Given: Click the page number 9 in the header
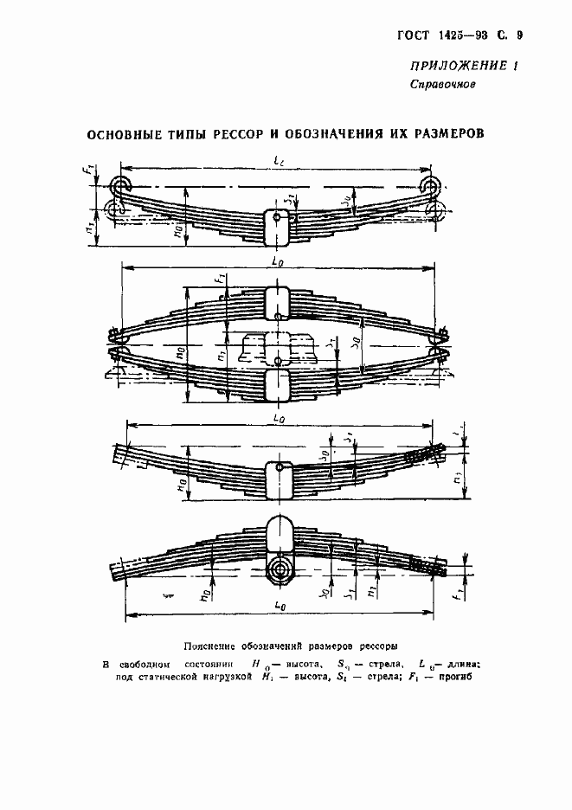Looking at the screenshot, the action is [x=519, y=35].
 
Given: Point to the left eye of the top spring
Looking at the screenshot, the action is [x=119, y=186].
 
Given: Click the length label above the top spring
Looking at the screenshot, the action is [x=276, y=162].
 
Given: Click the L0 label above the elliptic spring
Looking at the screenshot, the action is [x=276, y=260].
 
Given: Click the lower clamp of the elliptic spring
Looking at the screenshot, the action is [x=276, y=384].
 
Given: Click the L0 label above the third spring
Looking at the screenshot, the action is [x=276, y=419].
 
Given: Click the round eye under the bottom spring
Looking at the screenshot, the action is [x=279, y=570].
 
